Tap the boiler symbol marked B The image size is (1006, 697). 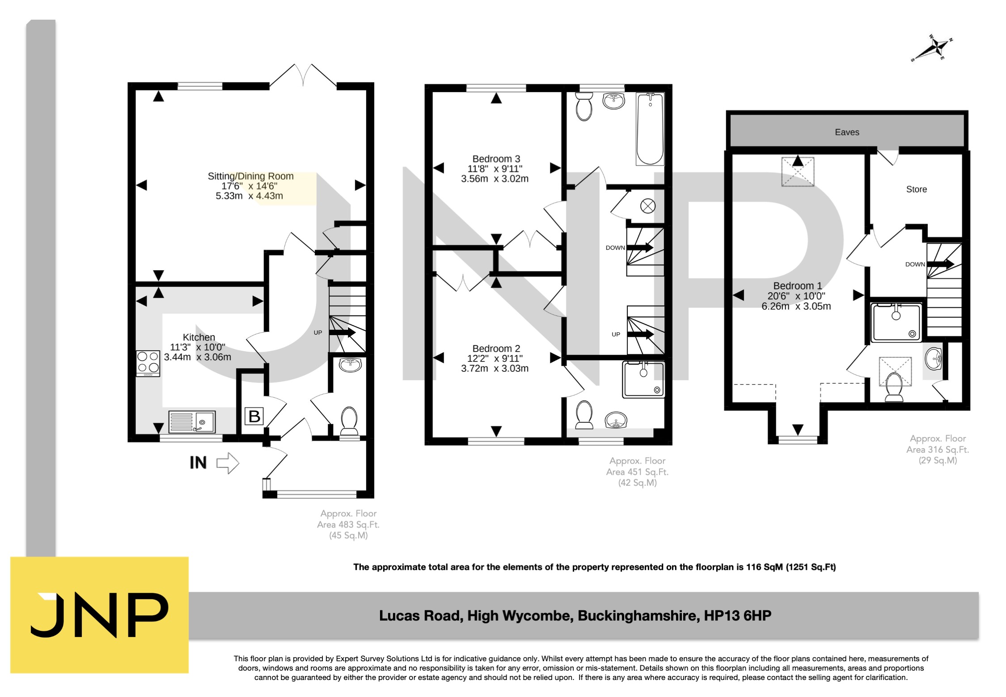tap(254, 416)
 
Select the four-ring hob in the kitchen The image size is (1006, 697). tap(148, 362)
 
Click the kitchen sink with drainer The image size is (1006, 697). tap(192, 422)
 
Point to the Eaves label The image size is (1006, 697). tap(846, 132)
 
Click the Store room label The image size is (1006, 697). tap(916, 189)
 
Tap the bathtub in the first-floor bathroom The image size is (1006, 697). tap(650, 129)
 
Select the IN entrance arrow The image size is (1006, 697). tap(228, 463)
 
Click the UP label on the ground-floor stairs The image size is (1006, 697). tap(318, 332)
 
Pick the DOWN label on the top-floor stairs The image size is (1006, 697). tap(914, 264)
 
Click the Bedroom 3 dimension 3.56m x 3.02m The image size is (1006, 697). tap(495, 178)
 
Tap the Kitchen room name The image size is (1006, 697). tap(199, 337)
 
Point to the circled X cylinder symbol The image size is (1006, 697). tap(647, 206)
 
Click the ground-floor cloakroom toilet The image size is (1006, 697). tap(349, 421)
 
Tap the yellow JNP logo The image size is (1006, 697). tap(99, 615)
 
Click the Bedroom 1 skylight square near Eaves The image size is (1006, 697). tap(798, 171)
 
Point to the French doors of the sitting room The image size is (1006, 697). tap(303, 75)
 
